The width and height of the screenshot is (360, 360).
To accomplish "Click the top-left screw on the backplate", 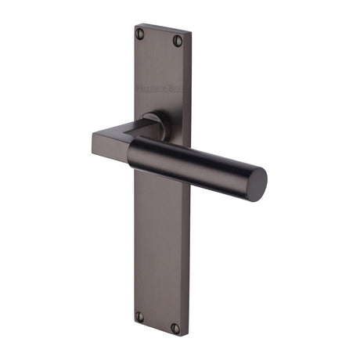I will point(141,33).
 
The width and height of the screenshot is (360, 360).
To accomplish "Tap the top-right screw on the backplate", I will point(178,40).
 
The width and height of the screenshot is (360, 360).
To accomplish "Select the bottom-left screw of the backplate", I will point(140,316).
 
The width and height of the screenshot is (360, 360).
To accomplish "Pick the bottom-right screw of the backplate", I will point(175,328).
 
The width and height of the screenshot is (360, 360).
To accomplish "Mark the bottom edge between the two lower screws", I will point(157,330).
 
